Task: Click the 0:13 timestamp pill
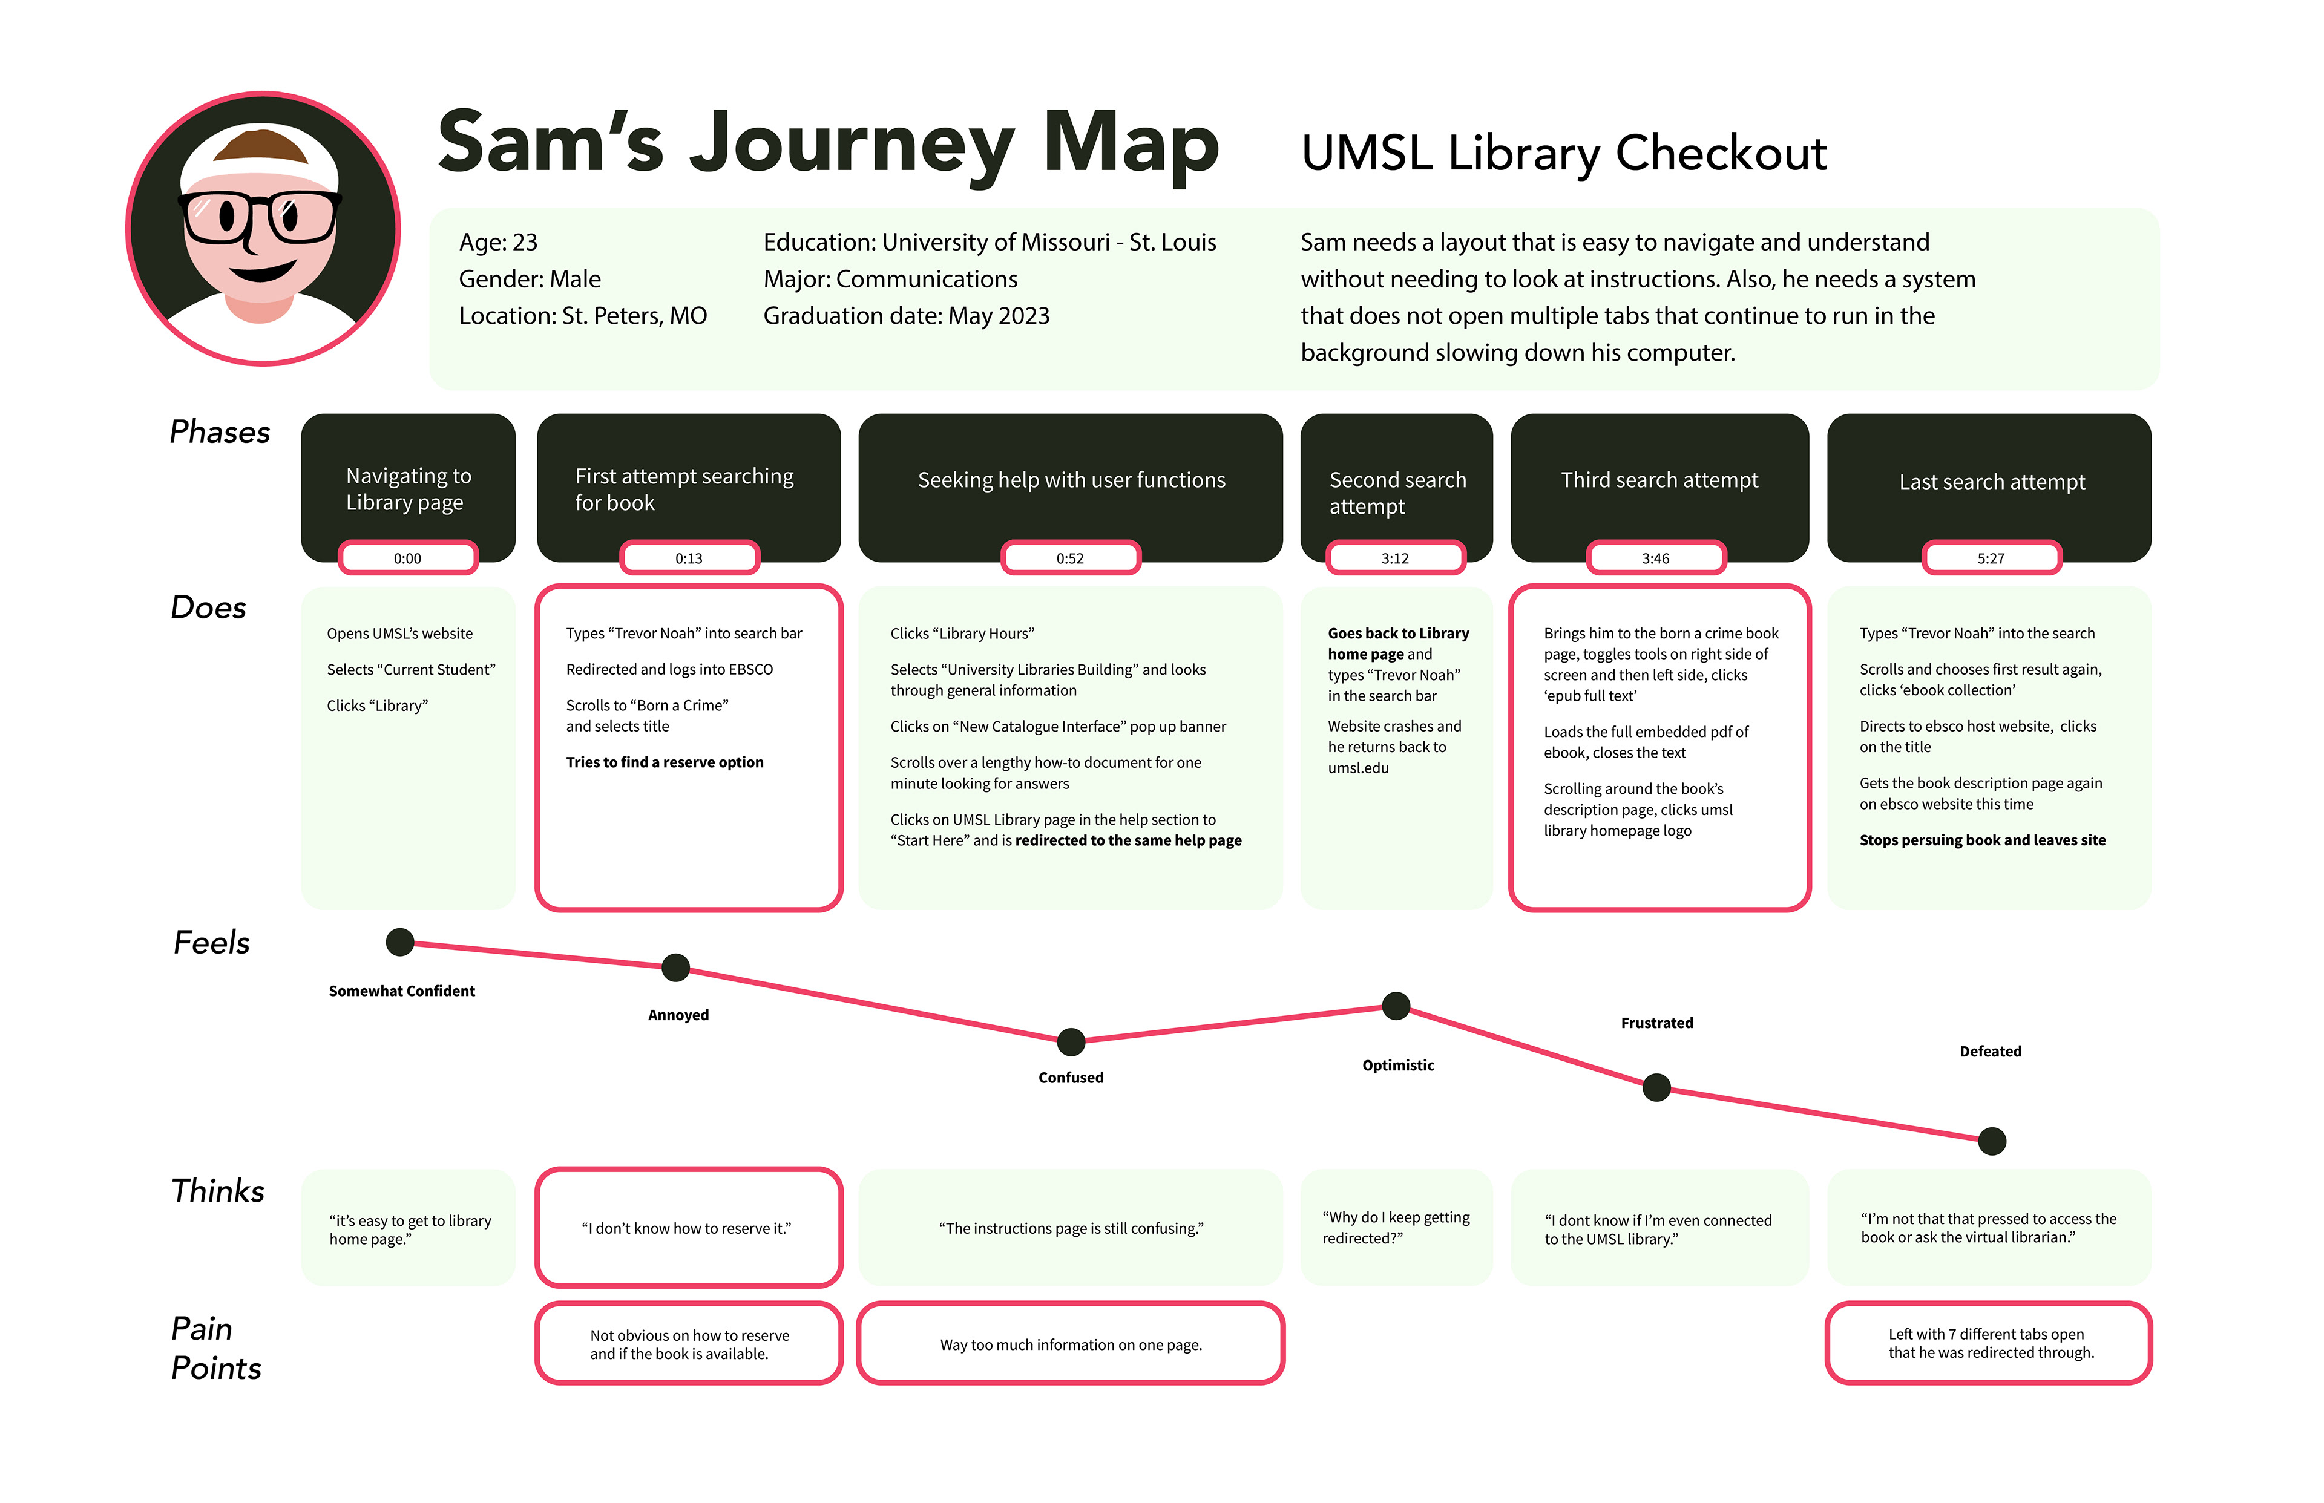[689, 558]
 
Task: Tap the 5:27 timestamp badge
[1991, 558]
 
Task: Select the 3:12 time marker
[1395, 558]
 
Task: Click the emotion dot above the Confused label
[1071, 1041]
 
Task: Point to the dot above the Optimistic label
[1396, 1005]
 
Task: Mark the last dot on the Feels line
[1991, 1140]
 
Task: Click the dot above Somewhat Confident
[399, 942]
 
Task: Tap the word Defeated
[1990, 1051]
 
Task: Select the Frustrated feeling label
[1656, 1023]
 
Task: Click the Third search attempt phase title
[1659, 480]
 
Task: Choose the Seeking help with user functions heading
[1071, 480]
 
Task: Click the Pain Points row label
[215, 1348]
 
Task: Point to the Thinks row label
[218, 1191]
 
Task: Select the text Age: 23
[498, 242]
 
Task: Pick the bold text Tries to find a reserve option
[665, 762]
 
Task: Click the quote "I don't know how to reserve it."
[686, 1228]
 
